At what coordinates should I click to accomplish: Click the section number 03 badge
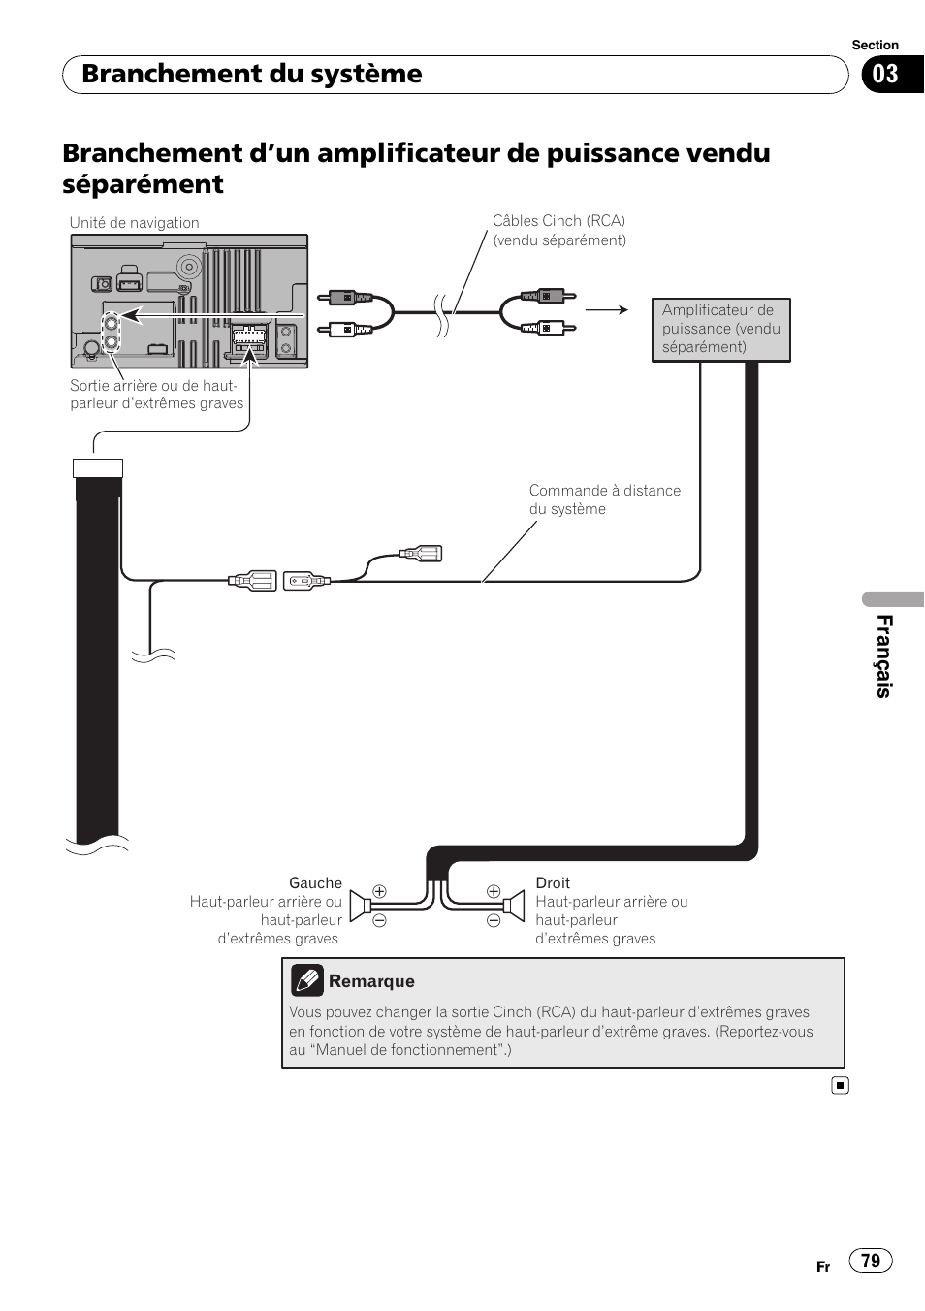892,75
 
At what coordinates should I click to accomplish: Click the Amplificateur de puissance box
720,330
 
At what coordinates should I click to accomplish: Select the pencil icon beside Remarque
307,980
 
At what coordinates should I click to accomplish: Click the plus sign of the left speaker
380,891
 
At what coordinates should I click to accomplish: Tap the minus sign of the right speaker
494,920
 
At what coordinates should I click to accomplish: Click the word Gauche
315,882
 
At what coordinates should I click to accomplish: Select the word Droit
553,882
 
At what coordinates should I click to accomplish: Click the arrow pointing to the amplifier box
607,309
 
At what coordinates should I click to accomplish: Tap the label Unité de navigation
135,223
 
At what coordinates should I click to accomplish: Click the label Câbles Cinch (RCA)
558,221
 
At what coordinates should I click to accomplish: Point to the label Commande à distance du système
605,499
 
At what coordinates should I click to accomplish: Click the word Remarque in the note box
371,981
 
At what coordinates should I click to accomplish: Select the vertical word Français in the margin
884,656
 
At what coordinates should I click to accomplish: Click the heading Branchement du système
251,74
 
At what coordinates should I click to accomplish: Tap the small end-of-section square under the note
841,1086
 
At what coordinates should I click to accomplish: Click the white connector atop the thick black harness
98,468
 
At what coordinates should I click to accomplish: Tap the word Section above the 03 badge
876,45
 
